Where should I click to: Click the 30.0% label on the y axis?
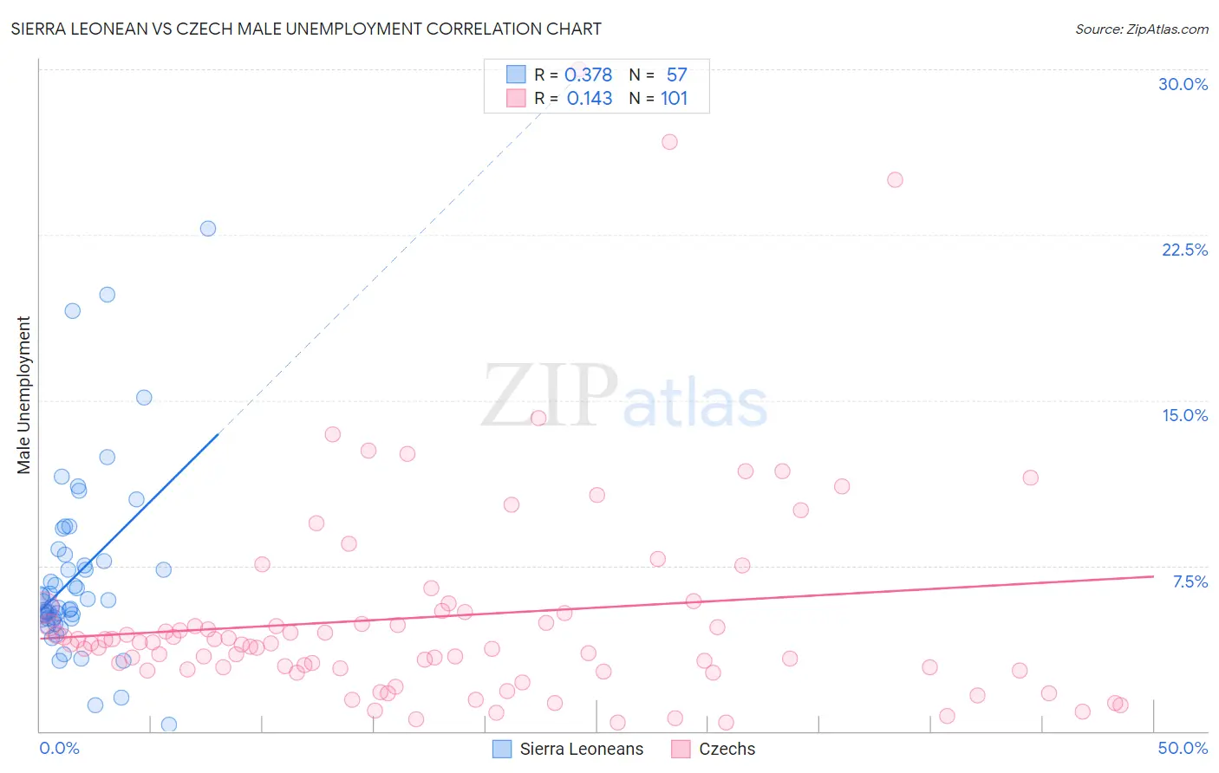[1183, 84]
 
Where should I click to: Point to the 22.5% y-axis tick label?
[1184, 250]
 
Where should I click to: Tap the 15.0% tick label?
[1184, 415]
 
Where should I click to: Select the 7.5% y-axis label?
[1190, 581]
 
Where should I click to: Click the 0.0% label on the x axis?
[59, 748]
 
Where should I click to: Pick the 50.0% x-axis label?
[1183, 748]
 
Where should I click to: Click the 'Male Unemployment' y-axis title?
[23, 395]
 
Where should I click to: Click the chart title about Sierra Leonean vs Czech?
[306, 29]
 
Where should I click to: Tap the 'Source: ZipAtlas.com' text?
[1141, 29]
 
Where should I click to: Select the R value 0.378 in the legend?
[588, 75]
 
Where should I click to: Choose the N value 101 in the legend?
[674, 98]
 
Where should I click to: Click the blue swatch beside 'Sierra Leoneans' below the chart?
[502, 749]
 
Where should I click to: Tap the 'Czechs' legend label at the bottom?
[727, 749]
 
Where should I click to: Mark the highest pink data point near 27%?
[669, 142]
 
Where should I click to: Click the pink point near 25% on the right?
[895, 180]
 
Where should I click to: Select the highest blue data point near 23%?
[208, 229]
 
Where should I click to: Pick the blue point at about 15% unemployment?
[144, 398]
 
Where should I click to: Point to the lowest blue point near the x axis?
[169, 724]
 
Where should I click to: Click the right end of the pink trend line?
[1153, 576]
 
